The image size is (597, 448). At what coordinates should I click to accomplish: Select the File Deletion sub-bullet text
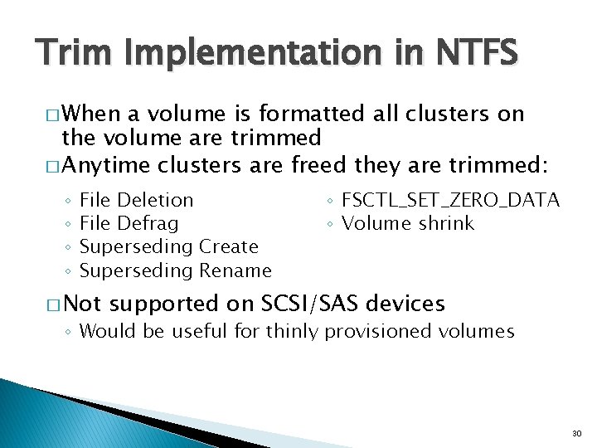136,200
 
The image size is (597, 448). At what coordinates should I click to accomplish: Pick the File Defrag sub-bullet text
129,223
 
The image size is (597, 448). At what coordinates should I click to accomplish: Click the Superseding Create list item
168,246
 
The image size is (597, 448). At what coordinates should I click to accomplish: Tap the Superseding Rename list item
175,270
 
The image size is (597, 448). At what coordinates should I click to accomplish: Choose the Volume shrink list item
408,223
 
